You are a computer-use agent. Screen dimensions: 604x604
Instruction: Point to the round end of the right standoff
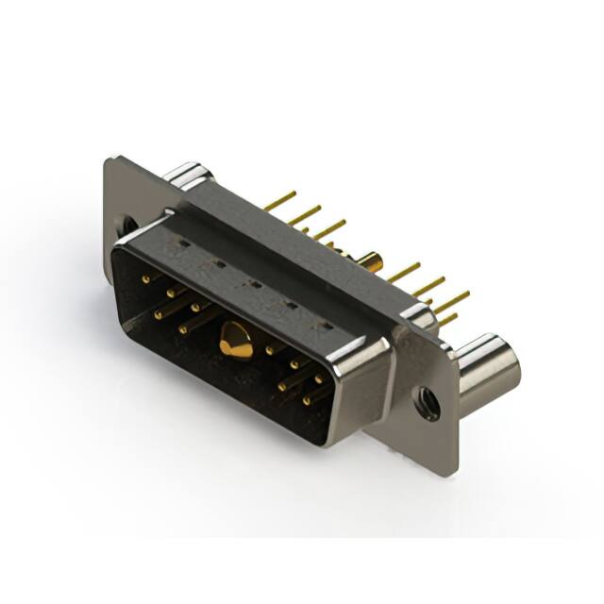tap(501, 365)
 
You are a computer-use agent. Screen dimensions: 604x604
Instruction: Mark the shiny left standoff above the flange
tap(186, 176)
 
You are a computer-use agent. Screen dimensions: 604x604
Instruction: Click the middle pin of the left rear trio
tap(304, 215)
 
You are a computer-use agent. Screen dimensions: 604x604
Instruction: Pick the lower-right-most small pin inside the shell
tap(310, 400)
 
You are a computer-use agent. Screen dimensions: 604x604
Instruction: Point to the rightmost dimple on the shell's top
tap(327, 324)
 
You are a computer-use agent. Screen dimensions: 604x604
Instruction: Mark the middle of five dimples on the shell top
tap(254, 283)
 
